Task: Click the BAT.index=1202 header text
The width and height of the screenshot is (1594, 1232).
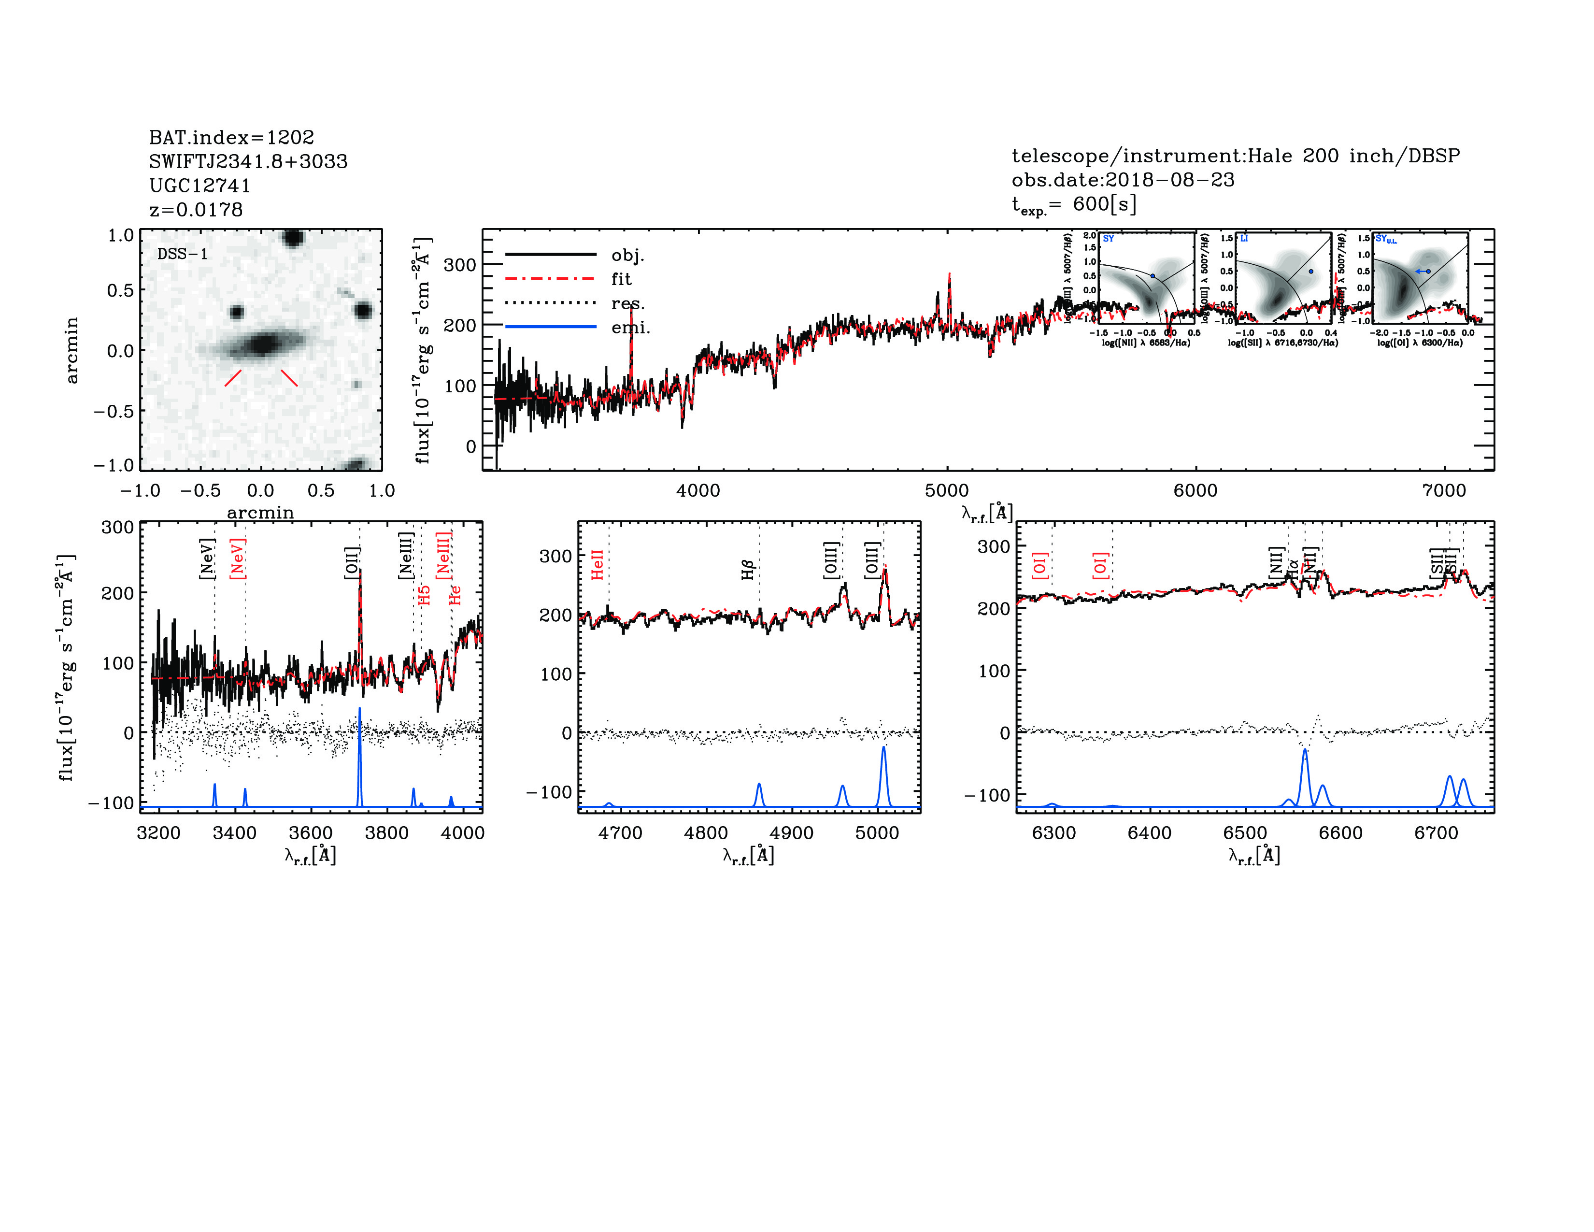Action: point(231,137)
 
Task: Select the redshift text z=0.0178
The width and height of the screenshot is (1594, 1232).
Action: point(196,210)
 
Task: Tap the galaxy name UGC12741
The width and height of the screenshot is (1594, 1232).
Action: point(200,186)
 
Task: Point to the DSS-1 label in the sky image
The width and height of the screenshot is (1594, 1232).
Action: point(183,254)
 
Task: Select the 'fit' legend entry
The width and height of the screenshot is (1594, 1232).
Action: point(621,279)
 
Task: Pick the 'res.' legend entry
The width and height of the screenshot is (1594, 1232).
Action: point(627,303)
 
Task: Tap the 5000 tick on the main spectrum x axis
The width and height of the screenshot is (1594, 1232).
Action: point(947,490)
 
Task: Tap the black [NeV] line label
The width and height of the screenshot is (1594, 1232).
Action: point(207,559)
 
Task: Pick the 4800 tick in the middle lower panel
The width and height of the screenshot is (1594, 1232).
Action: point(706,833)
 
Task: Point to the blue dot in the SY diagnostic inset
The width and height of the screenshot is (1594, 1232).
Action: point(1153,276)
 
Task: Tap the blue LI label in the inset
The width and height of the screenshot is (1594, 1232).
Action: point(1244,239)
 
